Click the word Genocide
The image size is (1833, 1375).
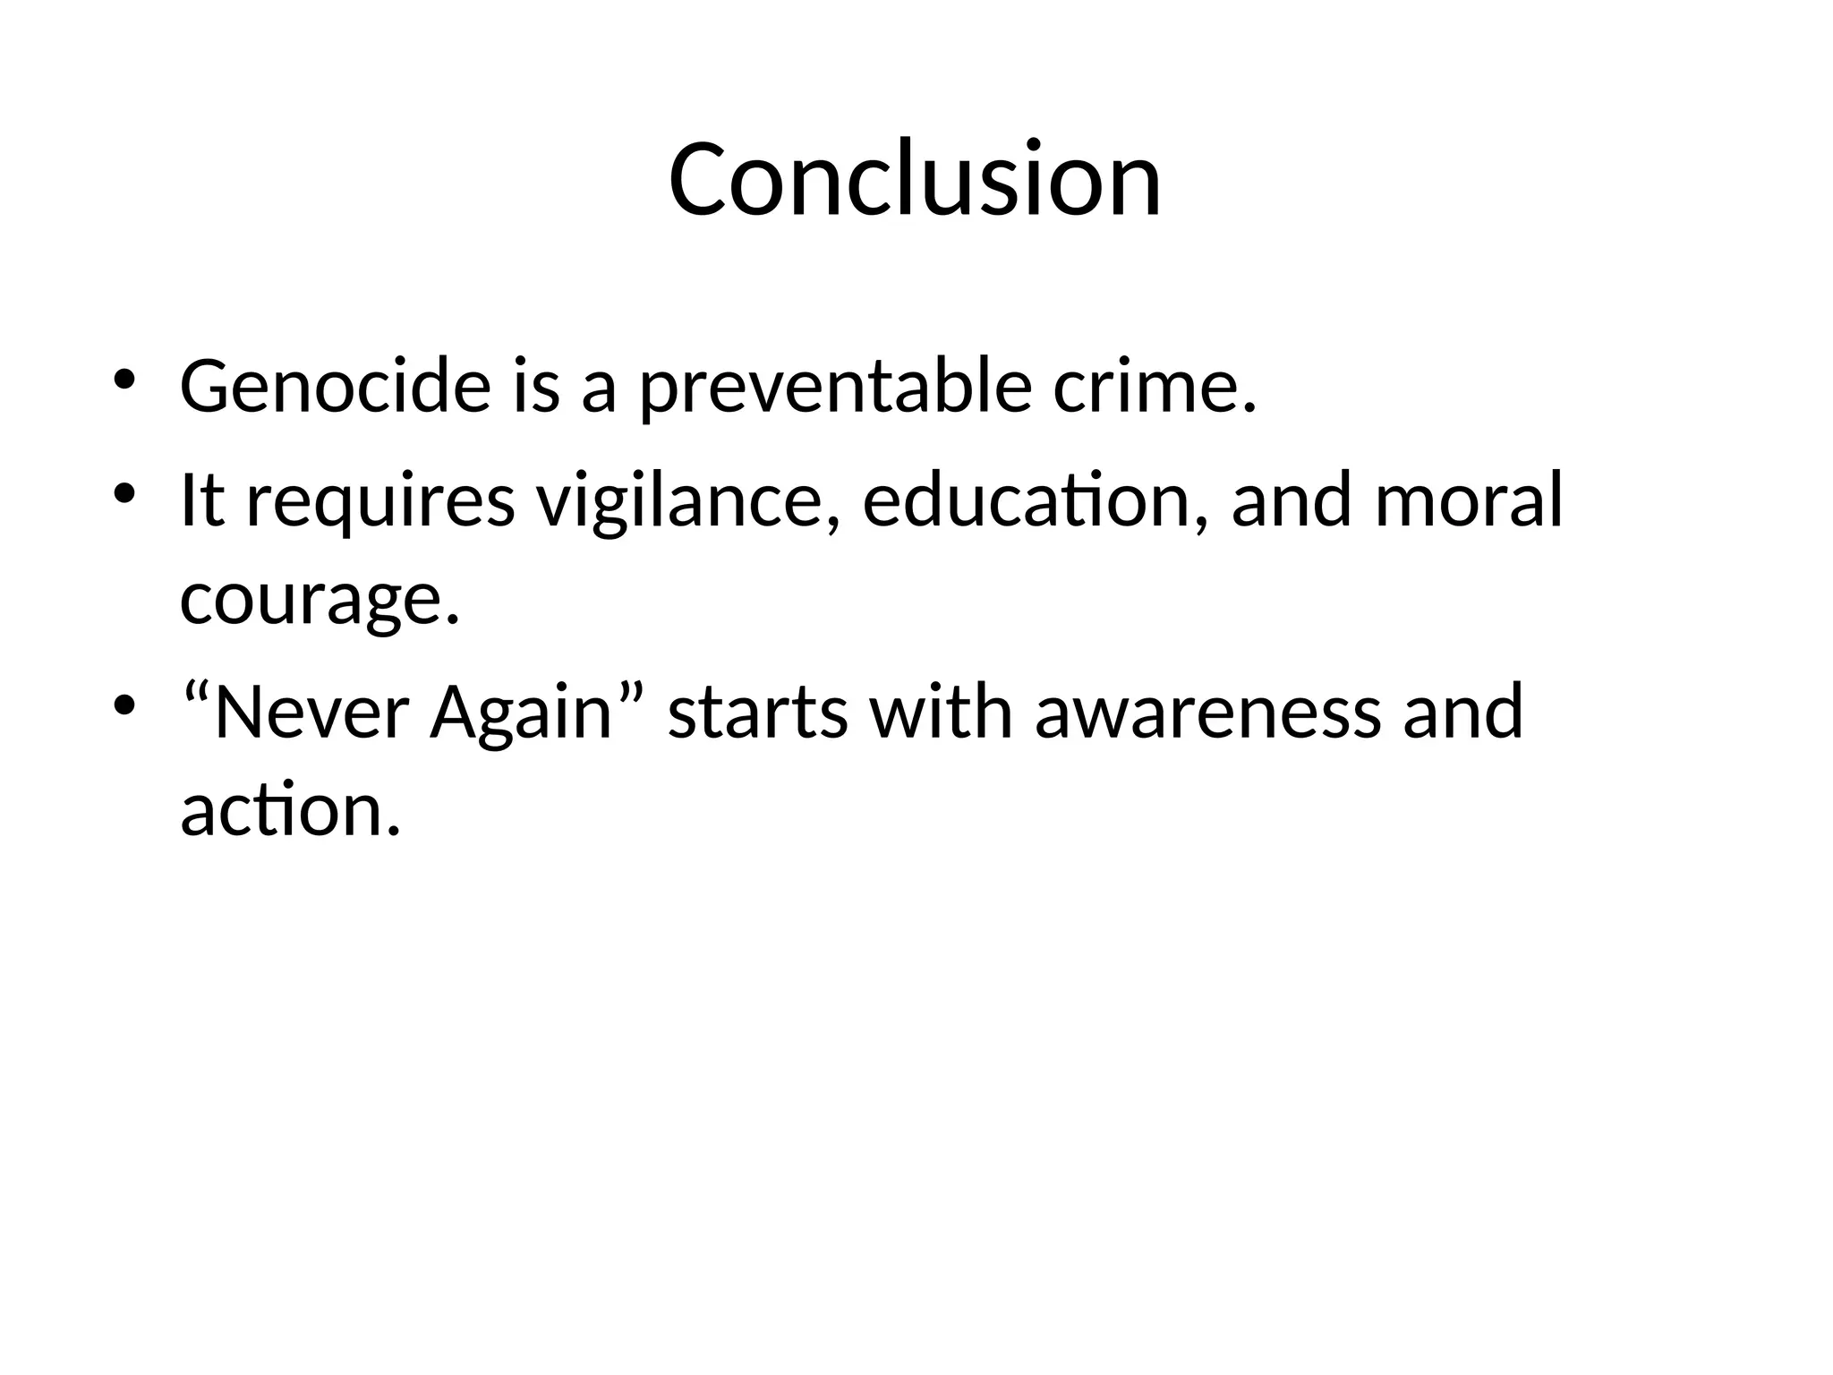336,387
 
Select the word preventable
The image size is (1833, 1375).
836,389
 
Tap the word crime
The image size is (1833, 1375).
1154,387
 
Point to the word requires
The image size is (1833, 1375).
379,501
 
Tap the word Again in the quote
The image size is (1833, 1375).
520,713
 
